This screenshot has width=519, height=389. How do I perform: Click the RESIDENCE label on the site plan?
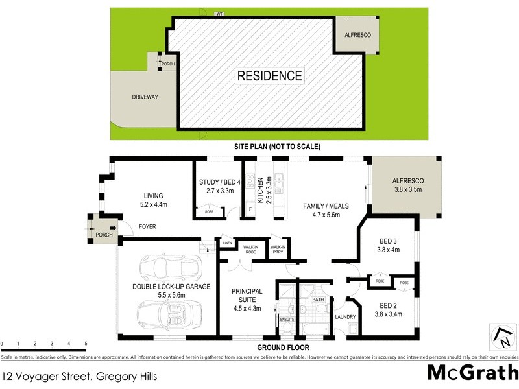(269, 76)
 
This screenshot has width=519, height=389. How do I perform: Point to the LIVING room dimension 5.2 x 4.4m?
(154, 205)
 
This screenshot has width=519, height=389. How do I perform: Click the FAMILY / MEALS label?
(322, 206)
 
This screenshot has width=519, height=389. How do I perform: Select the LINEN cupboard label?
(227, 244)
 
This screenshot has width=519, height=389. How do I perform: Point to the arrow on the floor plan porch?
(113, 227)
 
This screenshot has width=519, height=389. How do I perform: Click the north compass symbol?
(500, 334)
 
